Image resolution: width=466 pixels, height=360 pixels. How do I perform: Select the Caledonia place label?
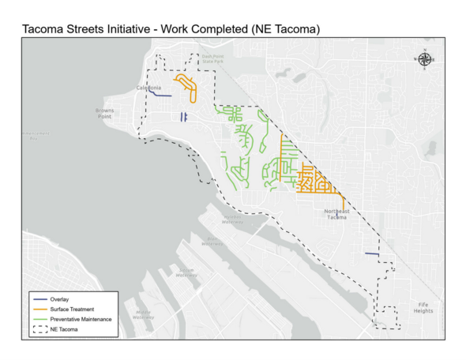pyautogui.click(x=148, y=87)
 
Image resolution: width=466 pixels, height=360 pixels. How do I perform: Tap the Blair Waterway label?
pyautogui.click(x=210, y=242)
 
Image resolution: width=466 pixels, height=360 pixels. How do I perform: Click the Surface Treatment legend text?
pyautogui.click(x=77, y=309)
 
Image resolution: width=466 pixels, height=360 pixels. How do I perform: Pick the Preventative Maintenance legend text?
pyautogui.click(x=85, y=319)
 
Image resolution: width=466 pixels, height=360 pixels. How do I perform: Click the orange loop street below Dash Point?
pyautogui.click(x=188, y=84)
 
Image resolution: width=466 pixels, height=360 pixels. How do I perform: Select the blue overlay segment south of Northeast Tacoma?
pyautogui.click(x=370, y=253)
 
